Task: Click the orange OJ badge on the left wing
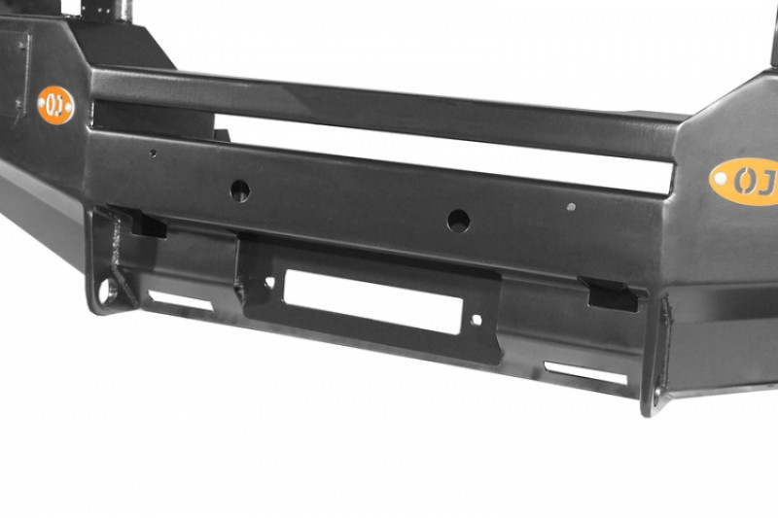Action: [56, 105]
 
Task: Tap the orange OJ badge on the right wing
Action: [745, 182]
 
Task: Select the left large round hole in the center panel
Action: [240, 190]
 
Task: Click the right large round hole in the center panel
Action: [458, 221]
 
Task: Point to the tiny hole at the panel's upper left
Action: [154, 154]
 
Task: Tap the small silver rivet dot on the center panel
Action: [571, 207]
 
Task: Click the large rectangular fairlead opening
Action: [373, 302]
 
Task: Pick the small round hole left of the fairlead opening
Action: [269, 283]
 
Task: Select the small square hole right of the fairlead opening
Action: [477, 320]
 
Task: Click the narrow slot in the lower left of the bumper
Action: [181, 300]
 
